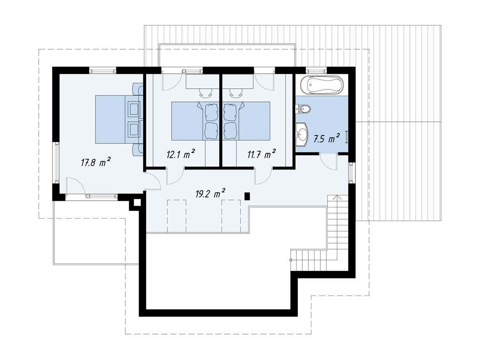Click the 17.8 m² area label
point(96,162)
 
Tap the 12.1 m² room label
point(180,154)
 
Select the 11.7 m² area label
point(261,154)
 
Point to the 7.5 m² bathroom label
point(327,139)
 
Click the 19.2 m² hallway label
point(210,194)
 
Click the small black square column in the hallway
point(247,196)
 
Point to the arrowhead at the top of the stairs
point(338,197)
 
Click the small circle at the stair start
point(291,260)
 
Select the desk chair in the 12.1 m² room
point(206,93)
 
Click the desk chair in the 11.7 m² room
point(236,93)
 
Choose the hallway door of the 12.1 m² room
point(175,176)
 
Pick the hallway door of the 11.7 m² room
point(263,176)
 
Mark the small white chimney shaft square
point(137,203)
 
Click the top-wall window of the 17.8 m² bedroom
point(103,71)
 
